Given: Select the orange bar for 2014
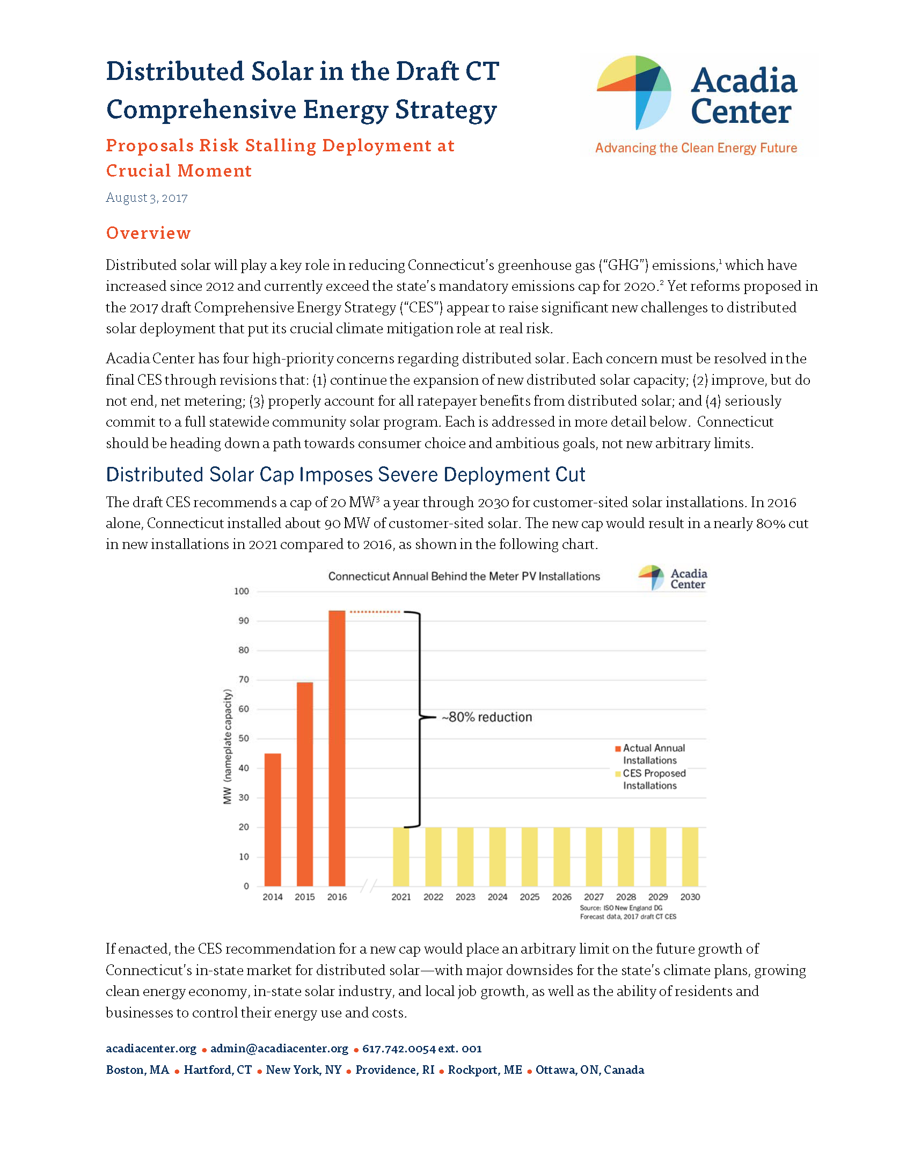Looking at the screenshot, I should [273, 819].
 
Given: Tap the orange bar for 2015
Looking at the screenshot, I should [304, 783].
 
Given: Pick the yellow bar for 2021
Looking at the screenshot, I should [401, 856].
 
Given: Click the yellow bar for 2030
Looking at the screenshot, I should [690, 856].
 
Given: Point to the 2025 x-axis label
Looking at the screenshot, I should [529, 897].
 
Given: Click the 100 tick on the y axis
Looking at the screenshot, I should [242, 591].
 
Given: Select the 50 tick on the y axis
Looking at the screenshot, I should [244, 738].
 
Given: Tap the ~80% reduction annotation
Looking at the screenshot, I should [487, 717].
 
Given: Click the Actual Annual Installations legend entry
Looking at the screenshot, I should [650, 754].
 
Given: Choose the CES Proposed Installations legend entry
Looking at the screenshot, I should [651, 779].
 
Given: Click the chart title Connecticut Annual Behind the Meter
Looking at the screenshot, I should [464, 576].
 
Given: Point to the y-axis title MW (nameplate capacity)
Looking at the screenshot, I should [228, 747].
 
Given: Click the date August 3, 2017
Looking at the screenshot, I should [147, 197].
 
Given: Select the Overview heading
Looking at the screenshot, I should [148, 233].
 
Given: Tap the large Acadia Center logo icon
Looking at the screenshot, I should [634, 92].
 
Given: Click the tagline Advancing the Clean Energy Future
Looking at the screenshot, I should [696, 148].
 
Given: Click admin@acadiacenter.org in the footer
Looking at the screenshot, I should [279, 1049].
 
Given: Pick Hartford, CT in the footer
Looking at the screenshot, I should [217, 1070].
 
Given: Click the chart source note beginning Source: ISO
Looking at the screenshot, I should [627, 912].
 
